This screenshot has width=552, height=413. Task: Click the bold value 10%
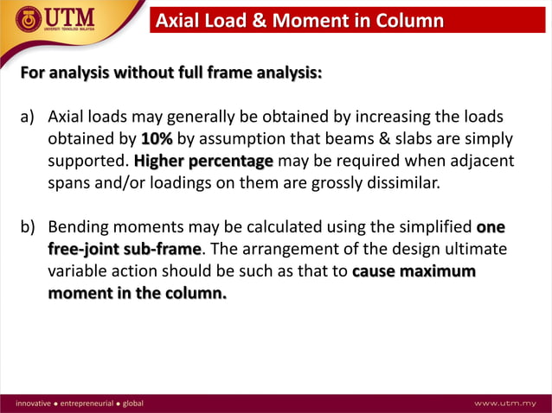pos(157,139)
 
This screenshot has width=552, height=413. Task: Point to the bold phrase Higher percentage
pos(203,162)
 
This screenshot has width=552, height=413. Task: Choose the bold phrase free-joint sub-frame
pos(125,250)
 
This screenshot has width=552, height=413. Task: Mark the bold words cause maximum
pos(414,271)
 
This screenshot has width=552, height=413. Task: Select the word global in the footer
pos(132,403)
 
